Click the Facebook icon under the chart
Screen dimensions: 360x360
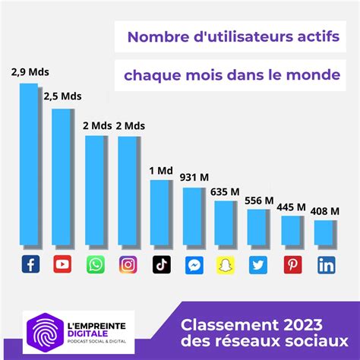pos(30,265)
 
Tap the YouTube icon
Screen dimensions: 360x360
pos(63,265)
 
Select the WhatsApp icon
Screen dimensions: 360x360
pos(96,265)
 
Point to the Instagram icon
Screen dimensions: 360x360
pos(128,265)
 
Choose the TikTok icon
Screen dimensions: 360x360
pos(161,265)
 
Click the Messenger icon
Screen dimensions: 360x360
pos(194,265)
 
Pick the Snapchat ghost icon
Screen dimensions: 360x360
pos(226,265)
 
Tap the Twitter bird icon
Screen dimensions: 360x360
pos(259,265)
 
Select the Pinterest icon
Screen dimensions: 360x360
pos(292,265)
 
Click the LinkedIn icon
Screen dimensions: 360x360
pos(326,265)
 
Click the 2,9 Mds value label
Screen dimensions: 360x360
pos(29,73)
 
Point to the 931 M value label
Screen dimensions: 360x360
pos(194,177)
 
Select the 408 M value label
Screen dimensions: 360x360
pos(325,211)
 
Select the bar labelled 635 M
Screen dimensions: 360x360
pos(226,223)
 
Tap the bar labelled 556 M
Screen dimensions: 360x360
pos(259,228)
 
